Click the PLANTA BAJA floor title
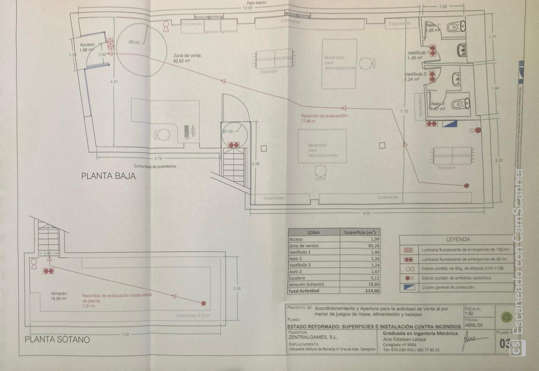coord(108,176)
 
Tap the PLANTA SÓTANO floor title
coord(57,339)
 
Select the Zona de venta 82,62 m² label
coord(187,58)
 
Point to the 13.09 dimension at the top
coord(248,8)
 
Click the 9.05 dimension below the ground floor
coord(366,213)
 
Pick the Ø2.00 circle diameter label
coord(134,42)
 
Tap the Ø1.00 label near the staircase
coord(228,131)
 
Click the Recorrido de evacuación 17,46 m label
coord(324,118)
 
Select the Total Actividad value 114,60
coord(372,291)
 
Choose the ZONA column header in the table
coord(313,233)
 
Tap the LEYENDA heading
coord(458,240)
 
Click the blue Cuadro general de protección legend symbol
coord(408,287)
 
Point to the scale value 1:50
coord(469,313)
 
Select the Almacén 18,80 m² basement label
coord(59,296)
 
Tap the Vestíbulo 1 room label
coord(418,55)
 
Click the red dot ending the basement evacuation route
coord(203,303)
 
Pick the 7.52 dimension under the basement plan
coord(125,335)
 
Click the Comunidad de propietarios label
coord(155,166)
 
